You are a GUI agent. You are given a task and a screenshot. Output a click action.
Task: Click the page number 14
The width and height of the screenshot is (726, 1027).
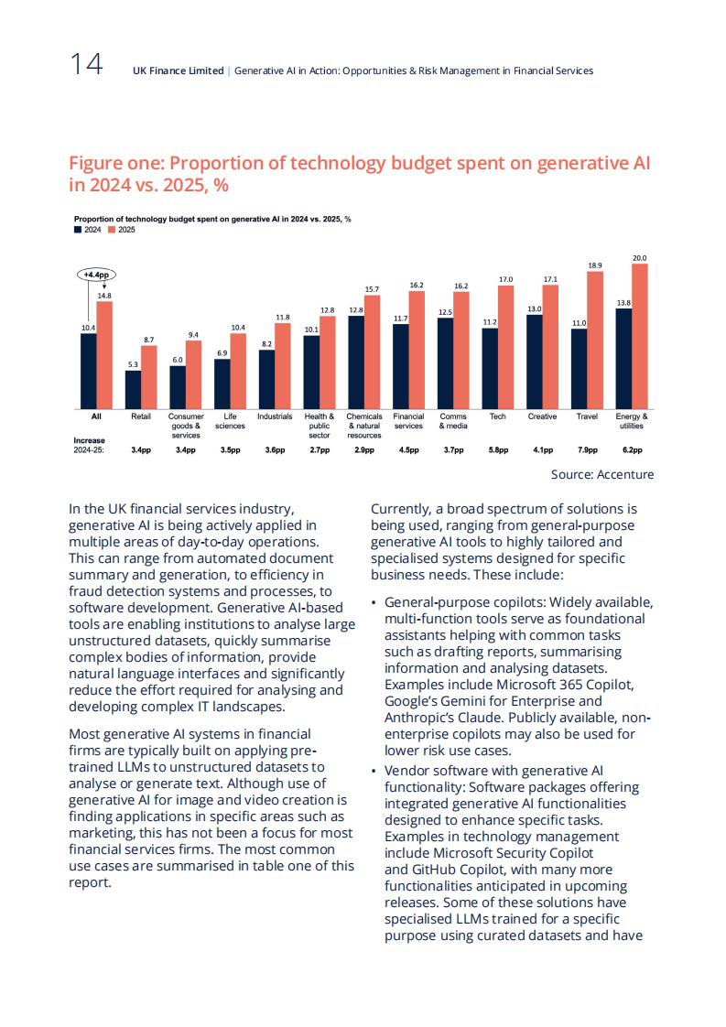tap(86, 64)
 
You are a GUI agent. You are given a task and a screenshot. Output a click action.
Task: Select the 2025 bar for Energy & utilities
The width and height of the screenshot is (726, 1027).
tap(640, 337)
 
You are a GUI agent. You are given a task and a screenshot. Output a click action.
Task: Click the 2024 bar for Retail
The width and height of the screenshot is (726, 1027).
tap(133, 390)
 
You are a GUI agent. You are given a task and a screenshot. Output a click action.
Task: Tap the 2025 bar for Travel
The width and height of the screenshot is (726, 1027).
tap(595, 341)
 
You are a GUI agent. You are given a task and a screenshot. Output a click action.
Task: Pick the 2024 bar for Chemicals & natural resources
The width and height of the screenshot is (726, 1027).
tap(356, 362)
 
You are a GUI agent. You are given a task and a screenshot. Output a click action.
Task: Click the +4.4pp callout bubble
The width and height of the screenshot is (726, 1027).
tap(96, 276)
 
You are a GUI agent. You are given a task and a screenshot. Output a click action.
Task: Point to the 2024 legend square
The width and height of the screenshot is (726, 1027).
tap(77, 230)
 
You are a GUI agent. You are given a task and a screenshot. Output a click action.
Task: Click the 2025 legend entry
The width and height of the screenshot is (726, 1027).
tap(122, 230)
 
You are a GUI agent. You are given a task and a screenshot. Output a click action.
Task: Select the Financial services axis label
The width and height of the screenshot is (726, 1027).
tap(409, 421)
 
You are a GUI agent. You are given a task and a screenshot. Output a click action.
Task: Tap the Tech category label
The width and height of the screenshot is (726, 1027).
tap(498, 416)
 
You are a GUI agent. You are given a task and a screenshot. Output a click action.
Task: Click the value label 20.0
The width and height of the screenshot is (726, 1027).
tap(640, 258)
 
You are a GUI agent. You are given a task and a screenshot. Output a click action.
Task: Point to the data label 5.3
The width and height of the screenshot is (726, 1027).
tap(133, 365)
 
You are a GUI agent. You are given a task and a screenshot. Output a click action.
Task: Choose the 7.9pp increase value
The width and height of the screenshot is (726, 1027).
tap(588, 450)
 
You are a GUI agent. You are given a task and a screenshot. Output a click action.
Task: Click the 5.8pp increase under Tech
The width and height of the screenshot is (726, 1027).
tap(498, 450)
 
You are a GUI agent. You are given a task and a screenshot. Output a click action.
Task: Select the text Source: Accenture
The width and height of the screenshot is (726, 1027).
tap(602, 474)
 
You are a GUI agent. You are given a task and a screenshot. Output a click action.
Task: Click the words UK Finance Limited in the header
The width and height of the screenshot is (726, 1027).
tap(179, 70)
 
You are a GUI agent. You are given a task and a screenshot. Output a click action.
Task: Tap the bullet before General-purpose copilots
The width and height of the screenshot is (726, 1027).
tap(374, 602)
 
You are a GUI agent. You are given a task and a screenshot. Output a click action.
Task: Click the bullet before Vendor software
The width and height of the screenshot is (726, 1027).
tap(374, 771)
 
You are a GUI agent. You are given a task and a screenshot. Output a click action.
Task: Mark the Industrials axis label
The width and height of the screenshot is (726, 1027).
tap(275, 416)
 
